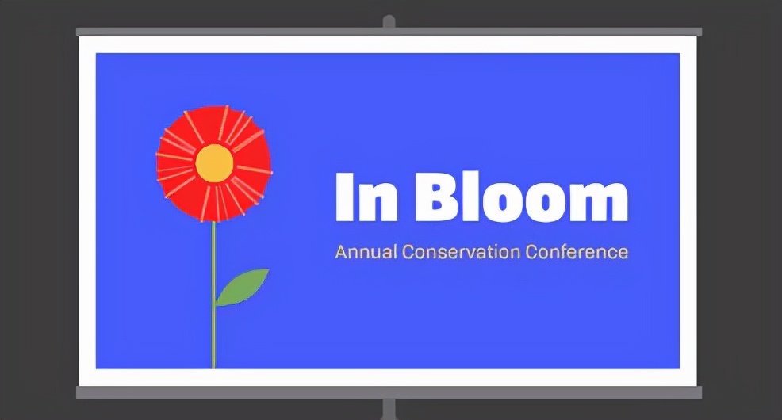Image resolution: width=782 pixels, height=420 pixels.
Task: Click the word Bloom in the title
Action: point(522,197)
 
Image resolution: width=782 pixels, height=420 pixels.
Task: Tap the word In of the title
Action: point(366,197)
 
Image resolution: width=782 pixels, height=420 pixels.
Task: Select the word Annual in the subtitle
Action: point(366,251)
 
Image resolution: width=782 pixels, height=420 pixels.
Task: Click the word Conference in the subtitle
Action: point(577,251)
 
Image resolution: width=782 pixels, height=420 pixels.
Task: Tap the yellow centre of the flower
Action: point(214,162)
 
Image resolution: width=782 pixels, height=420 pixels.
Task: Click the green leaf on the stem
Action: point(242,287)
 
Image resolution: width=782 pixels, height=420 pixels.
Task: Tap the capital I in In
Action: point(344,197)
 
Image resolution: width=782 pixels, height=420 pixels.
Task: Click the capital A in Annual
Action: point(342,251)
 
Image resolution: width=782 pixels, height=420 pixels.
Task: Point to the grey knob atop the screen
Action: point(389,21)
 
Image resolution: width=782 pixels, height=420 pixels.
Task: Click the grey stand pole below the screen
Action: point(389,409)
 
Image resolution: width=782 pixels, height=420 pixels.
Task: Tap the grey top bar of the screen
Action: point(389,32)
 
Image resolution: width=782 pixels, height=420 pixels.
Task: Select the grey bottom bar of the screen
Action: point(389,392)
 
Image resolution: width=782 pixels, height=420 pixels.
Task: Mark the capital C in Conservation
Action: point(409,251)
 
